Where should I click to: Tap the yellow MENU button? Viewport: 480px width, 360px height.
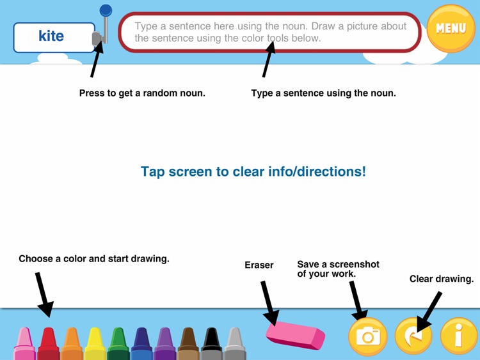[451, 28]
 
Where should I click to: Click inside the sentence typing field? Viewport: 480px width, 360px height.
[271, 32]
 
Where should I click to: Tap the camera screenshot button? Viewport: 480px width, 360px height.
[368, 336]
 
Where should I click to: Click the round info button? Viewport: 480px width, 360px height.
[458, 336]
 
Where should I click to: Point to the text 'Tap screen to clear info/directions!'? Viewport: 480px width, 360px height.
[253, 172]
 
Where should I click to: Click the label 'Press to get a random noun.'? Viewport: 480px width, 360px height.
[142, 93]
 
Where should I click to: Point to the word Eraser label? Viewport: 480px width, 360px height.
[259, 265]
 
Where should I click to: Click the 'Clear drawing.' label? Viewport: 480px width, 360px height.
[442, 279]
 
